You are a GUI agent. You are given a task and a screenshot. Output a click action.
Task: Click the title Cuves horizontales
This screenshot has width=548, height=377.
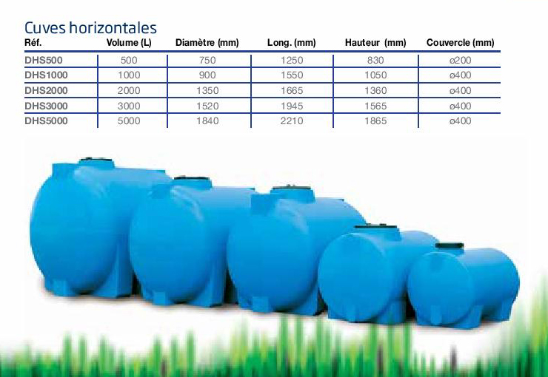pyautogui.click(x=90, y=27)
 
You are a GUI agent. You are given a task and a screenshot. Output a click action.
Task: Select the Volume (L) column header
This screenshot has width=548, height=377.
pyautogui.click(x=129, y=43)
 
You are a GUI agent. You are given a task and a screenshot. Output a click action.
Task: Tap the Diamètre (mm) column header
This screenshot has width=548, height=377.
pyautogui.click(x=207, y=43)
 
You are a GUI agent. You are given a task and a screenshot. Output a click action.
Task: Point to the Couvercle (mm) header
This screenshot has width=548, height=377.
pyautogui.click(x=461, y=43)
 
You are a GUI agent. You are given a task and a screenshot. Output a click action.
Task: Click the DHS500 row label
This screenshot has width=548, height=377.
pyautogui.click(x=44, y=61)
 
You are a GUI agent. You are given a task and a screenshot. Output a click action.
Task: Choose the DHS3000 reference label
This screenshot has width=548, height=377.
pyautogui.click(x=46, y=106)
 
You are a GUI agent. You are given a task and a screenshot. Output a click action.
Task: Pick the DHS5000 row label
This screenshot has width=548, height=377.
pyautogui.click(x=46, y=121)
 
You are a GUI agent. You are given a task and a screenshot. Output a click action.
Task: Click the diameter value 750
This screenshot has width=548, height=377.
pyautogui.click(x=207, y=61)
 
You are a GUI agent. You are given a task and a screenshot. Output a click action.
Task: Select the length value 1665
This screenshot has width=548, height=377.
pyautogui.click(x=292, y=91)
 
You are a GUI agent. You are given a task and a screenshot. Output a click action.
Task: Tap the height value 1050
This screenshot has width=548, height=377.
pyautogui.click(x=375, y=75)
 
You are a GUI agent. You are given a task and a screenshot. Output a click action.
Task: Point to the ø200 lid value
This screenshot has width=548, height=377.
pyautogui.click(x=461, y=61)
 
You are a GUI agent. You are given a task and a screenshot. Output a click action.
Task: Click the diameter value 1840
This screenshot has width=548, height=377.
pyautogui.click(x=207, y=121)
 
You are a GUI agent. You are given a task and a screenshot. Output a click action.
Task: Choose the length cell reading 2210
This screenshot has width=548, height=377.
pyautogui.click(x=292, y=121)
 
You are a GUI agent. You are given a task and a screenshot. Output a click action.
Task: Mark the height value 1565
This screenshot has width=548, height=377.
pyautogui.click(x=375, y=106)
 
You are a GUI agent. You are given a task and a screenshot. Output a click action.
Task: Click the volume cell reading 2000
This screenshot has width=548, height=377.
pyautogui.click(x=129, y=91)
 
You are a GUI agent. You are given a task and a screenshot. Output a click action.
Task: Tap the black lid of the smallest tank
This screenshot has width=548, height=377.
pyautogui.click(x=450, y=245)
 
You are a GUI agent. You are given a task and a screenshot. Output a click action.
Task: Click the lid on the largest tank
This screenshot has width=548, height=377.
pyautogui.click(x=96, y=160)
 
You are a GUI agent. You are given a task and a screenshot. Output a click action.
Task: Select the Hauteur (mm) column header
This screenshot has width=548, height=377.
pyautogui.click(x=375, y=43)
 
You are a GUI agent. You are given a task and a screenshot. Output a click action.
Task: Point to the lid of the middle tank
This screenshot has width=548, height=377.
pyautogui.click(x=293, y=188)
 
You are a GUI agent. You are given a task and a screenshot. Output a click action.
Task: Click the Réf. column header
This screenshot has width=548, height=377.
pyautogui.click(x=33, y=43)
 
